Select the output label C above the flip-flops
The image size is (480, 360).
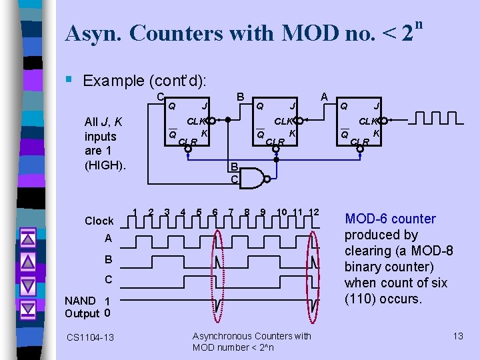point(161,97)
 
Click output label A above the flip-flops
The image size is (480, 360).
point(325,97)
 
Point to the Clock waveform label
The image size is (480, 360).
point(99,221)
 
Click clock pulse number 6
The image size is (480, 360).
point(215,213)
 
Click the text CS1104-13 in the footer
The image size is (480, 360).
point(90,338)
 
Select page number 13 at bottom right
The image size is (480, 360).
point(457,336)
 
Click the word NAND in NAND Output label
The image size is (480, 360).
point(80,301)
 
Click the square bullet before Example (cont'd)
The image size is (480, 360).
point(70,81)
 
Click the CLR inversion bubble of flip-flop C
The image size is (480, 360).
point(188,149)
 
